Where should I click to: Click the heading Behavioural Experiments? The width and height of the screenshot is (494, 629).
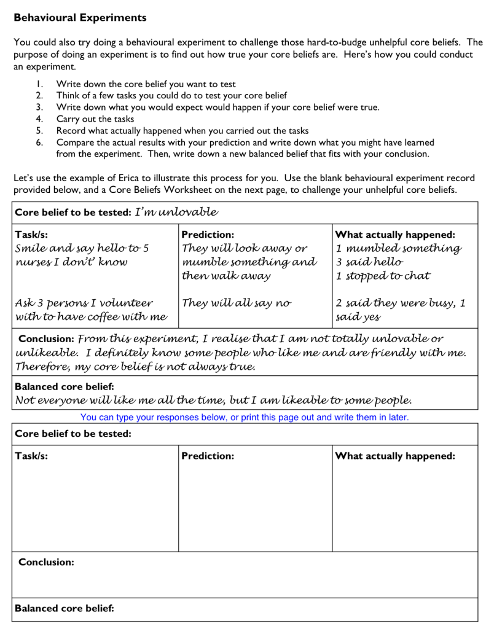(80, 18)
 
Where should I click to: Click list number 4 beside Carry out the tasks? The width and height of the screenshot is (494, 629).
(39, 119)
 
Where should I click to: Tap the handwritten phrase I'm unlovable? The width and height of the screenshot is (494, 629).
(176, 213)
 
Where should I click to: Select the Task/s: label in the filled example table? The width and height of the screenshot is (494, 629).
(31, 235)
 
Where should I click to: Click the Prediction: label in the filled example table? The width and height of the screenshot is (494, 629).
(208, 235)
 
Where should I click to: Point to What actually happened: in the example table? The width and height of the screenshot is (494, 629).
(394, 235)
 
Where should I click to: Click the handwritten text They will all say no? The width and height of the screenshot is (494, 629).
(237, 303)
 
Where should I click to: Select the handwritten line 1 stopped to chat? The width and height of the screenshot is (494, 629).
(383, 276)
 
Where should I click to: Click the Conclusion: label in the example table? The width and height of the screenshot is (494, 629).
(47, 339)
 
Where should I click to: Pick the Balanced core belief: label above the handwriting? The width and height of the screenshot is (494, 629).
(65, 387)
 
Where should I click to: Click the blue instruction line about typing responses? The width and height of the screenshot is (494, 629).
(245, 417)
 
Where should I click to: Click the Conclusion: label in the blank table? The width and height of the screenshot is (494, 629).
(47, 562)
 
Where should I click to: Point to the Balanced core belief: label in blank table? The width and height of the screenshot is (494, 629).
(65, 609)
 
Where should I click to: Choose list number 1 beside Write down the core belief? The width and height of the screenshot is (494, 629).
(39, 84)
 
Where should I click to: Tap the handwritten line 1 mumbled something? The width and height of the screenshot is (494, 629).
(398, 249)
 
